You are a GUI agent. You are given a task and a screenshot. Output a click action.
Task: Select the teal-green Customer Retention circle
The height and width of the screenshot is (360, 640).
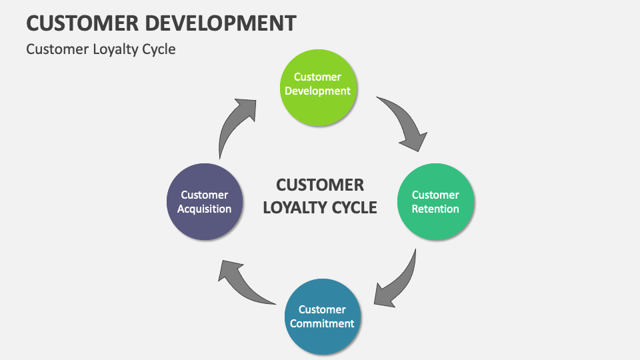(435, 202)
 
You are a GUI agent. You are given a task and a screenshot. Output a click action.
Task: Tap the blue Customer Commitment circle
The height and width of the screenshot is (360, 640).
(323, 317)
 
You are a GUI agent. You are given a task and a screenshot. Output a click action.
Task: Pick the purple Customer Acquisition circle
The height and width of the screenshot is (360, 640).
(204, 202)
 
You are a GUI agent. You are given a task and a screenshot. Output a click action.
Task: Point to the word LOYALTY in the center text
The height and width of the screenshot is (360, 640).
(294, 207)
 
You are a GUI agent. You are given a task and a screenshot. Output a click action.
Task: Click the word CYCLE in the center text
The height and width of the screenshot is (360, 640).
(353, 207)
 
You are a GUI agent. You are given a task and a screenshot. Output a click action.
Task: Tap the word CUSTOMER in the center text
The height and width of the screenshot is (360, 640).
(320, 185)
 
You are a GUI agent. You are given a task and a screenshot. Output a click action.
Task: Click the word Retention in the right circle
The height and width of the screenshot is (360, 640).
(435, 209)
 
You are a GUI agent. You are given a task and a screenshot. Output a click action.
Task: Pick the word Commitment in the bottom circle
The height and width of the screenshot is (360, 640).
(323, 323)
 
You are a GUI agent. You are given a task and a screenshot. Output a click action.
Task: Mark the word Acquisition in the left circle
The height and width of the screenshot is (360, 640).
(204, 209)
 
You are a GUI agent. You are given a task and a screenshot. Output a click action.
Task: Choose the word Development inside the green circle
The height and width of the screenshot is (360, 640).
(317, 91)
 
